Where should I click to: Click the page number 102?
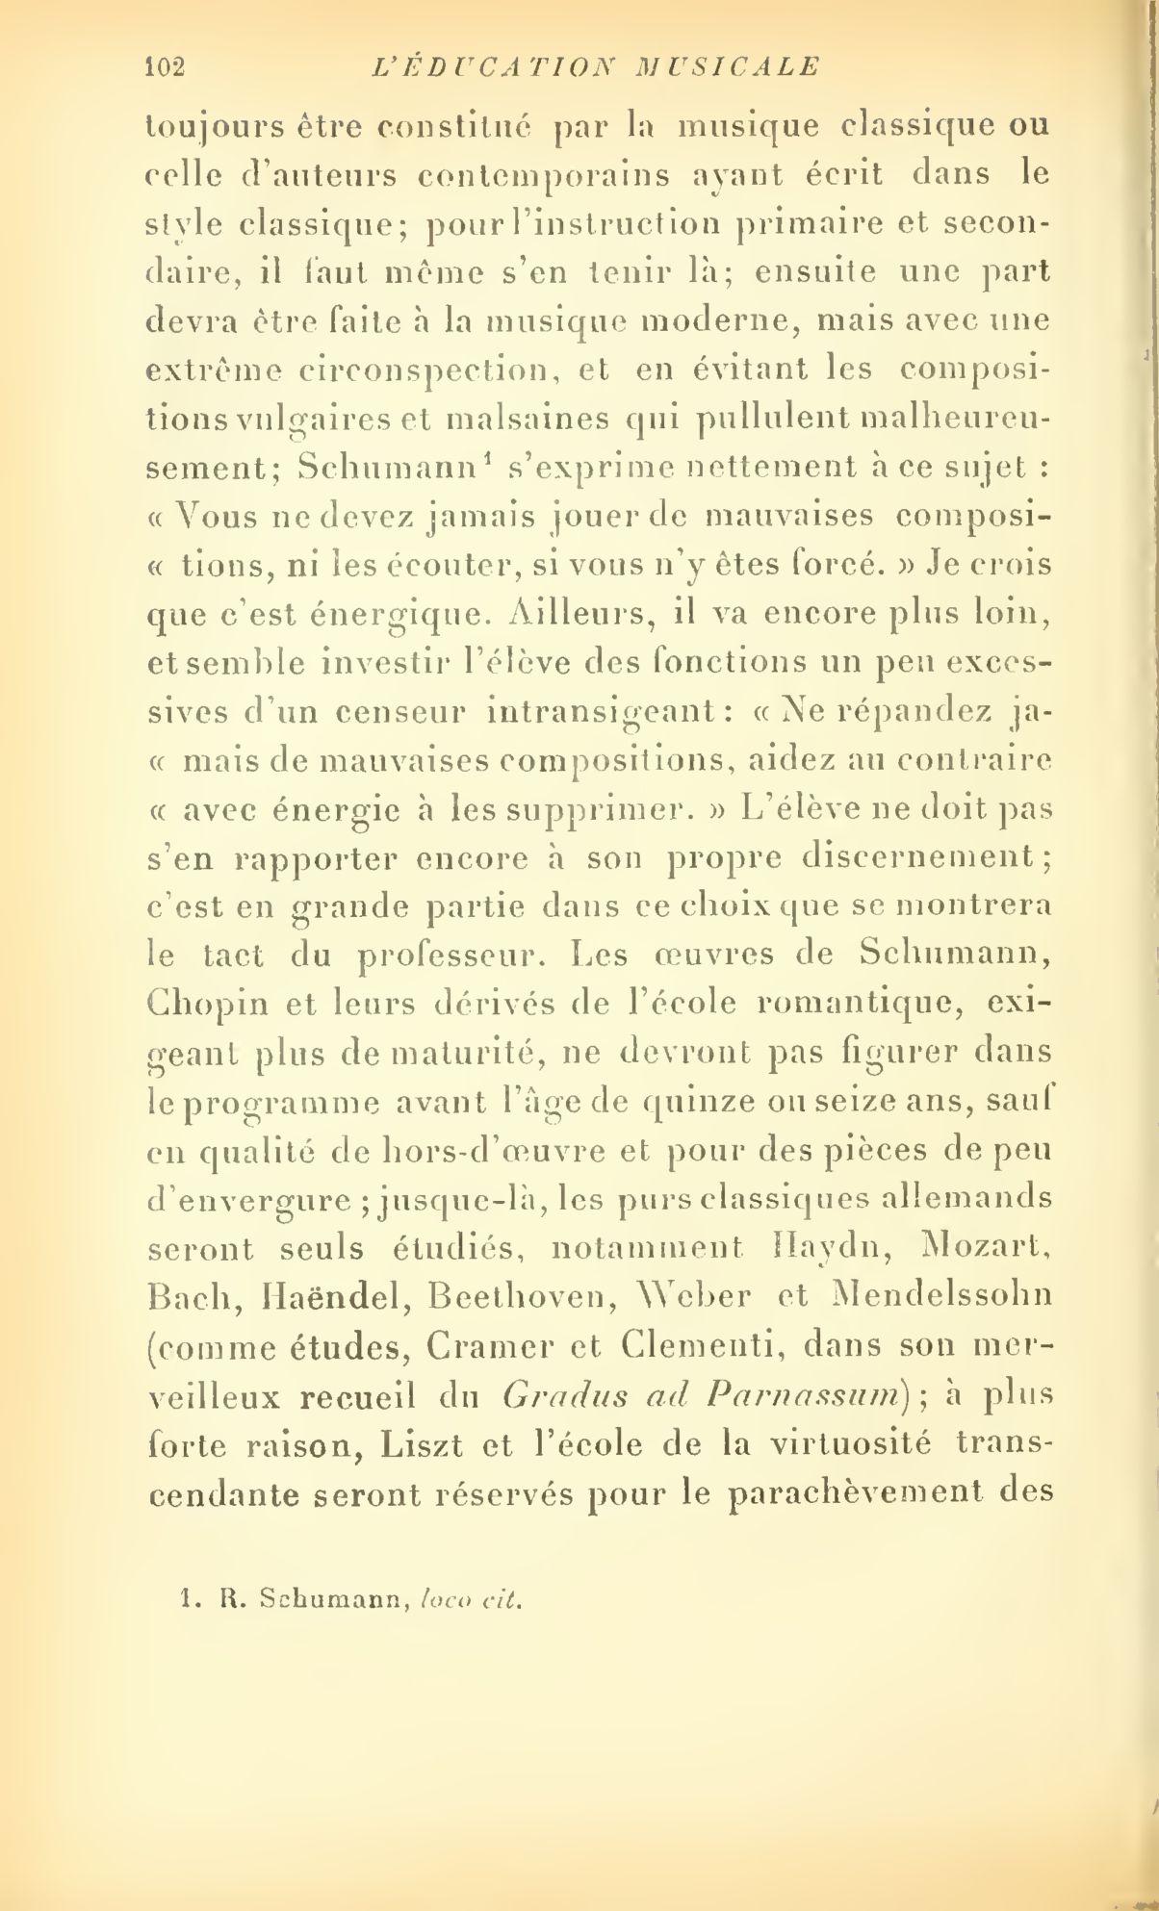tap(164, 66)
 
